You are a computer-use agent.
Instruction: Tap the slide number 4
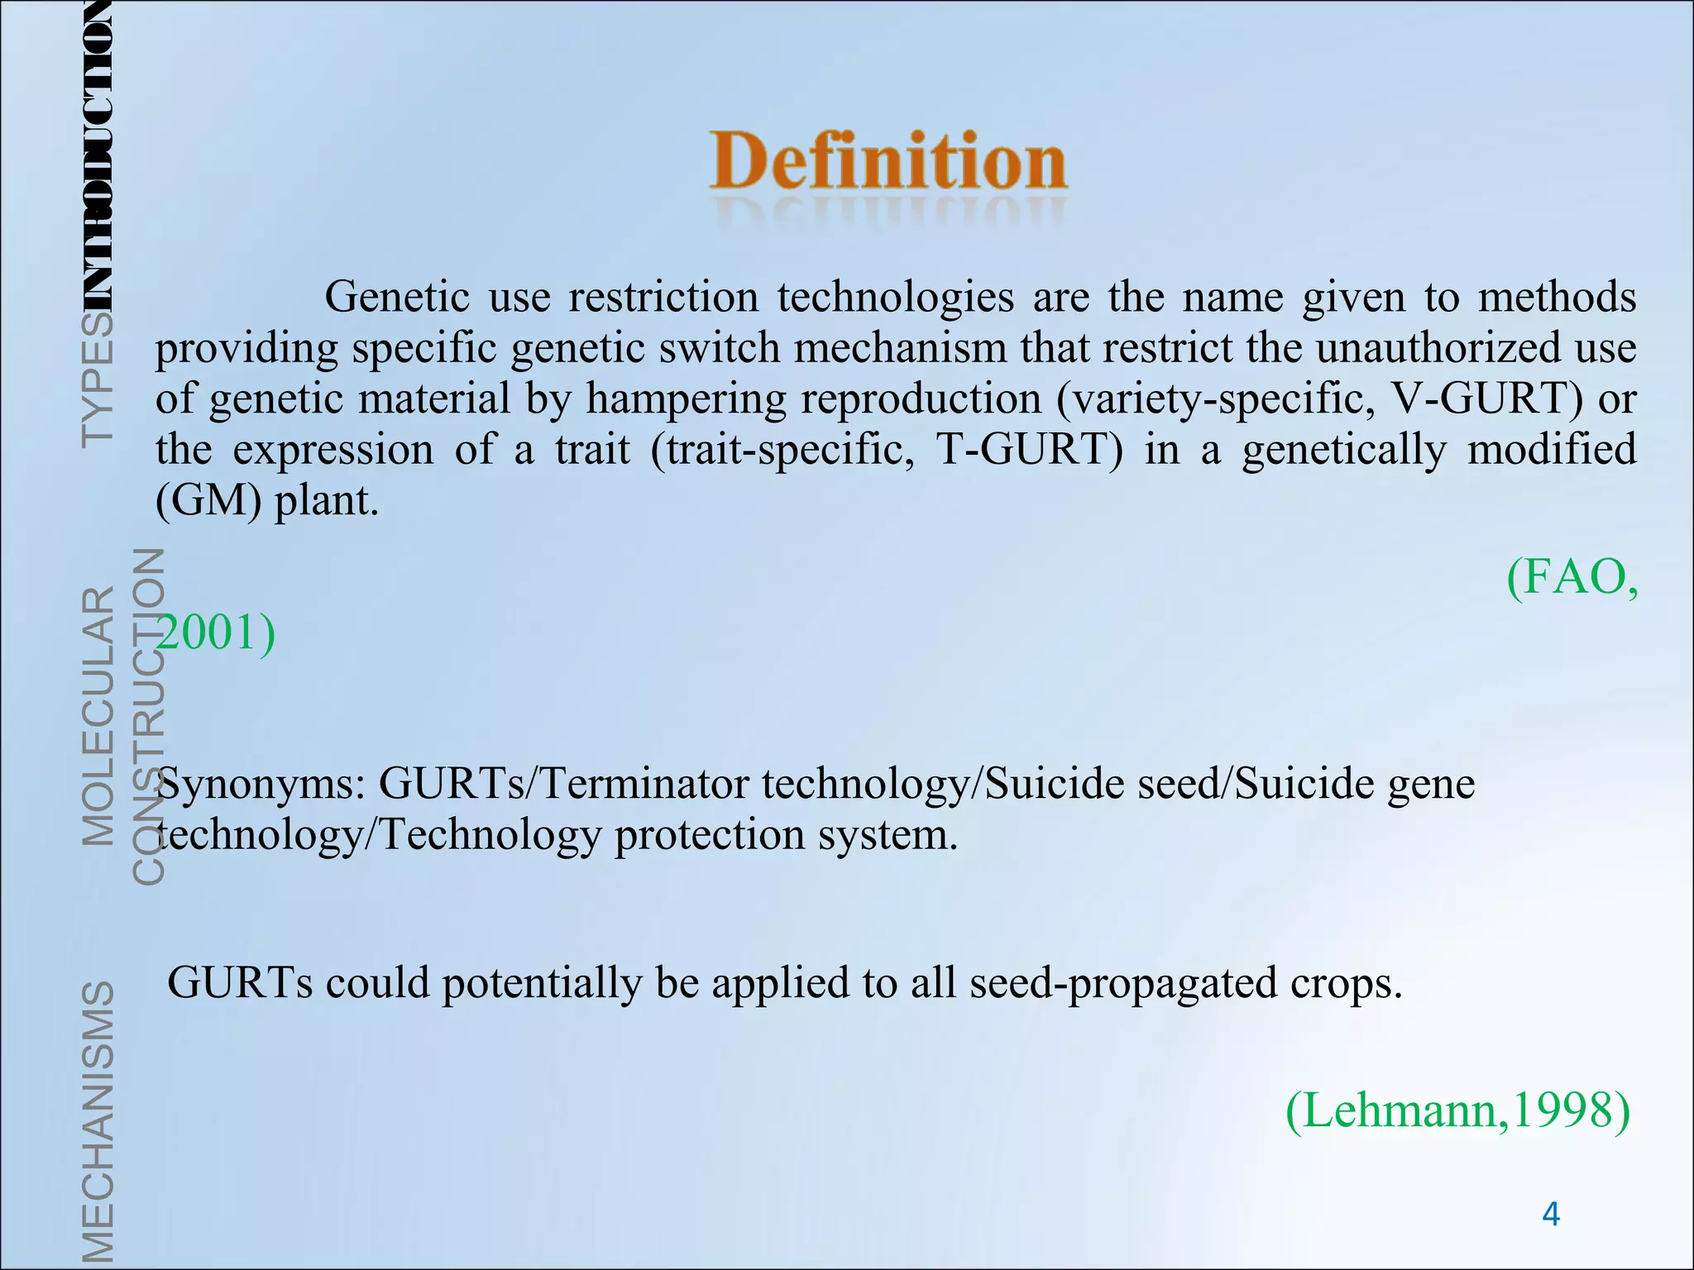[x=1551, y=1215]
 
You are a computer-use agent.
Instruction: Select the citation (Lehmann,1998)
[x=1457, y=1110]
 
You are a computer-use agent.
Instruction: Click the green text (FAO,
[x=1571, y=577]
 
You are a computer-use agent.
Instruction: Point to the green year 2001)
[x=217, y=633]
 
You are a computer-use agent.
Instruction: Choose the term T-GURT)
[x=1029, y=450]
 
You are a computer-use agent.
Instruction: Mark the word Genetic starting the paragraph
[x=397, y=296]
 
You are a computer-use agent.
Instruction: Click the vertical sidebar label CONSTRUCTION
[x=149, y=716]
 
